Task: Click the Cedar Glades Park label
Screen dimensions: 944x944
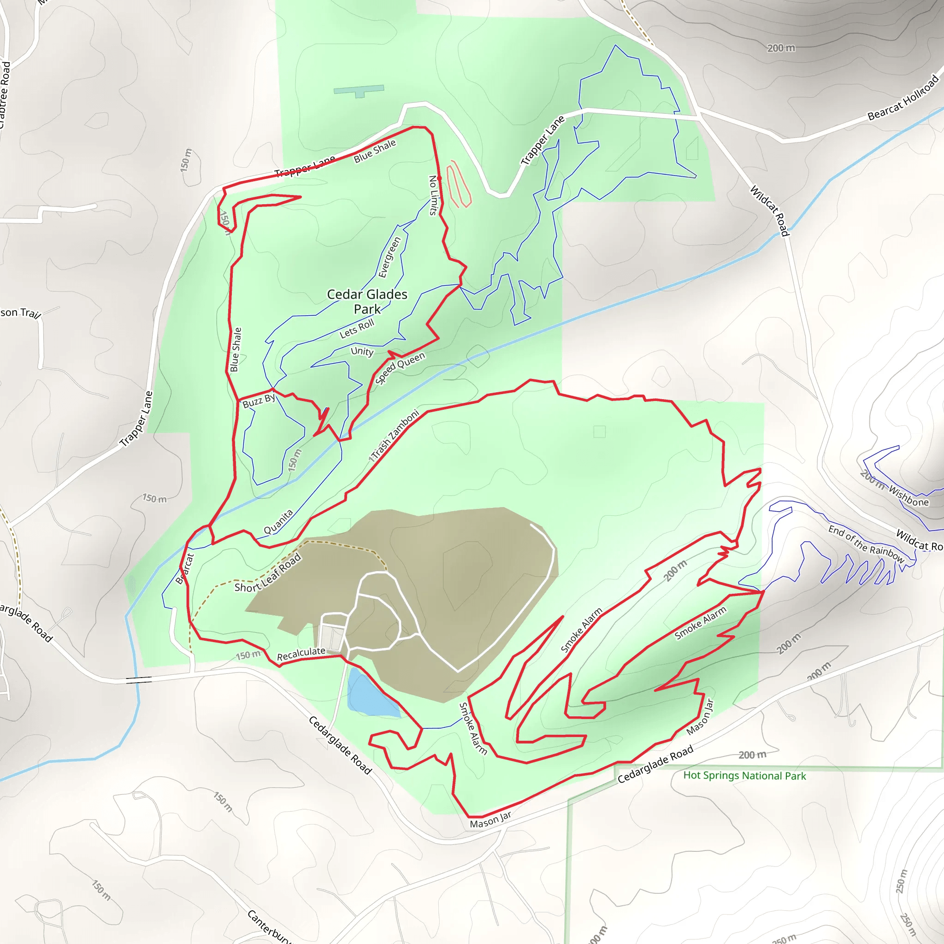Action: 367,301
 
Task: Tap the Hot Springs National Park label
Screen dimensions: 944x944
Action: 744,775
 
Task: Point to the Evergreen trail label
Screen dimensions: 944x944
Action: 389,257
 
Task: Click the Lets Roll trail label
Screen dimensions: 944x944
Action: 357,328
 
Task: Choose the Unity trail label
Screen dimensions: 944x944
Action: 362,351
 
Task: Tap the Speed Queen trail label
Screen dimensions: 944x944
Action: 400,368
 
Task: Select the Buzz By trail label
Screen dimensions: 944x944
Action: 259,401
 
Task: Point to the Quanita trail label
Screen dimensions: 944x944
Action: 278,521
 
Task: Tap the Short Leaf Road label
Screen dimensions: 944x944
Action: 268,573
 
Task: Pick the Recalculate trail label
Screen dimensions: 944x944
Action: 301,654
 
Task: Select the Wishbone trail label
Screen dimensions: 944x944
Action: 909,496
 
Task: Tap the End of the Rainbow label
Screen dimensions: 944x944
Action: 866,544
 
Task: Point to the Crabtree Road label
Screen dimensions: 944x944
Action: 4,95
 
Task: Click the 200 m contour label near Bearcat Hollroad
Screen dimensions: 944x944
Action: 781,48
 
